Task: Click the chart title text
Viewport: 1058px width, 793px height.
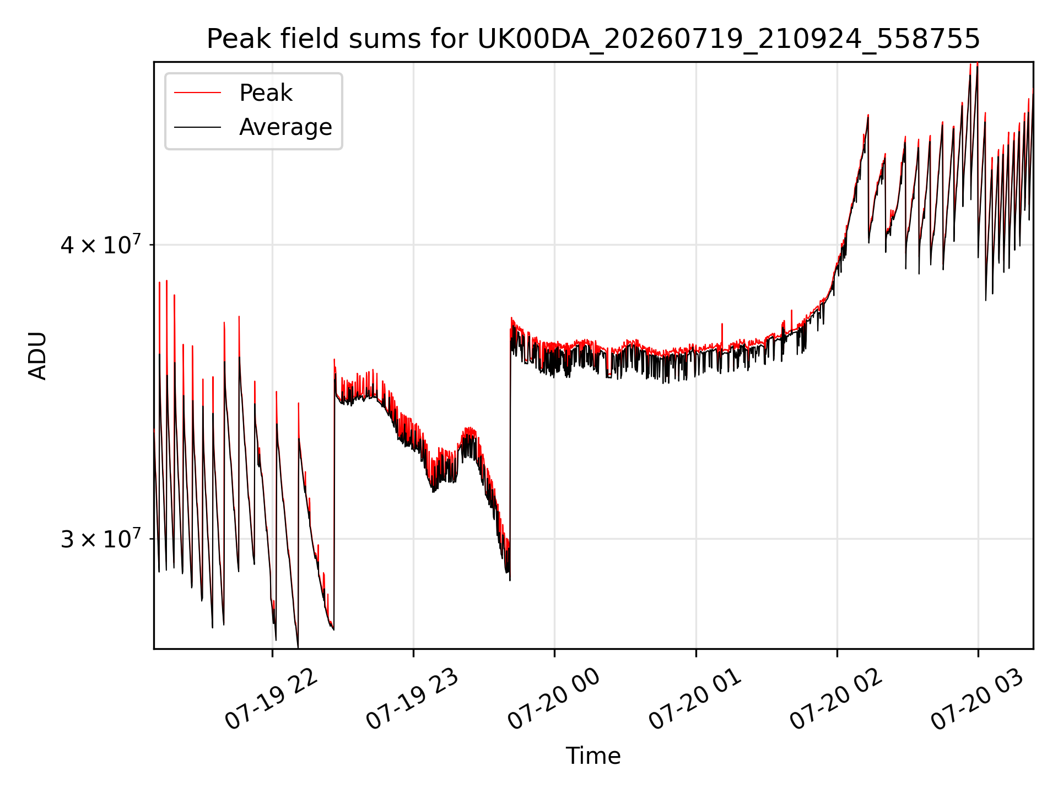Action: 593,39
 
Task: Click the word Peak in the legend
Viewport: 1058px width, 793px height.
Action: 266,93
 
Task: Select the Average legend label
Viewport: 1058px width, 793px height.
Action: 285,127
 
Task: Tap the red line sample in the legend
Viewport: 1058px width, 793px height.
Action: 197,93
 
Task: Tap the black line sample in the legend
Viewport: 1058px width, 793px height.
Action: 197,127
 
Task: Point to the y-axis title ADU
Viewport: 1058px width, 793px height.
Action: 37,355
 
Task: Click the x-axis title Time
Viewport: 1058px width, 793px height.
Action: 593,756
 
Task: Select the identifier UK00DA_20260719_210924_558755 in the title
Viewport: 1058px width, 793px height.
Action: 728,40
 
